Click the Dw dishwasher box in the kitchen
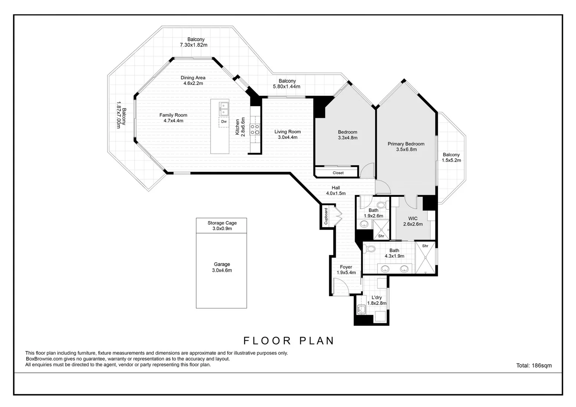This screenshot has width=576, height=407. [224, 122]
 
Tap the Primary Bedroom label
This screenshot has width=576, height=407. [406, 144]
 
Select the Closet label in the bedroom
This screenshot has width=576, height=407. [338, 173]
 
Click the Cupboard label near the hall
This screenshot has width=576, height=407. [326, 216]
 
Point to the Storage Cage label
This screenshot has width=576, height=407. [222, 223]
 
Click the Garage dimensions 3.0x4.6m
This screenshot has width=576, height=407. [222, 270]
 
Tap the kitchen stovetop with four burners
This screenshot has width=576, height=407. [255, 129]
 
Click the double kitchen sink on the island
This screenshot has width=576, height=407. [224, 109]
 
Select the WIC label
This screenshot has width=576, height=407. [413, 219]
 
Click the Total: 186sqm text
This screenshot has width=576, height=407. [534, 365]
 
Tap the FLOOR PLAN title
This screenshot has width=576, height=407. [288, 341]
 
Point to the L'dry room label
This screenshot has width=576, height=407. [377, 297]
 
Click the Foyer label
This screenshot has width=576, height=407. [346, 267]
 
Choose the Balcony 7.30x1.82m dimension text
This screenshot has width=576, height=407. [194, 45]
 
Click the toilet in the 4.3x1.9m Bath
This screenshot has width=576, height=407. [370, 249]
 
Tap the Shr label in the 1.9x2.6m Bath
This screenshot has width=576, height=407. [381, 236]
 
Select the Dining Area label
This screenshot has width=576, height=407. [193, 78]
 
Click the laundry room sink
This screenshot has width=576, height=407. [362, 309]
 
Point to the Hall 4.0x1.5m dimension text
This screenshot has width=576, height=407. [336, 193]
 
